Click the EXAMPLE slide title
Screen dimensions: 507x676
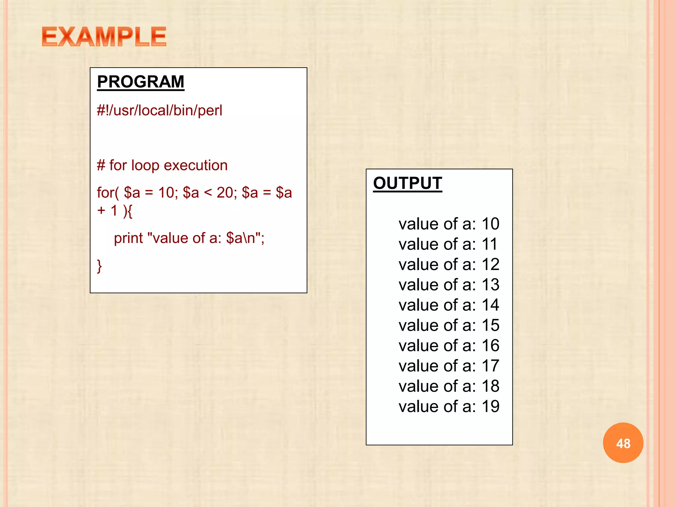tap(104, 37)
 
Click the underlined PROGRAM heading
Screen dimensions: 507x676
tap(141, 82)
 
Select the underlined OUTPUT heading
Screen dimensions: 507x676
tap(407, 183)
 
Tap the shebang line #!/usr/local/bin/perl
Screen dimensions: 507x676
tap(159, 111)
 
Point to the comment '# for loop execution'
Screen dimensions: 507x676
tap(162, 165)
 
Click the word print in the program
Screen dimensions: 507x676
tap(128, 238)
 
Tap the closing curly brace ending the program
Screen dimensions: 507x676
tap(99, 266)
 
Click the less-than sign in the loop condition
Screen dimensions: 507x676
tap(208, 193)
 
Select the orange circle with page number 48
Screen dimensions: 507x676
tap(623, 443)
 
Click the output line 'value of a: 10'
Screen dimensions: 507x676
tap(449, 224)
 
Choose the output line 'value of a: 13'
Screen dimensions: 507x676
tap(449, 285)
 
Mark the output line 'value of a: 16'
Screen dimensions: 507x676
tap(449, 346)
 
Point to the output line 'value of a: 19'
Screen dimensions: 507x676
tap(449, 406)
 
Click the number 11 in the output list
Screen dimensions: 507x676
tap(490, 244)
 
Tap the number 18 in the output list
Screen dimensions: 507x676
tap(490, 386)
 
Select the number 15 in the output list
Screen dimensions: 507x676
tap(490, 325)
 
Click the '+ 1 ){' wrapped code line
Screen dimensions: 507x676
tap(115, 211)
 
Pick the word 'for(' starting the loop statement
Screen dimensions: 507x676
tap(108, 193)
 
